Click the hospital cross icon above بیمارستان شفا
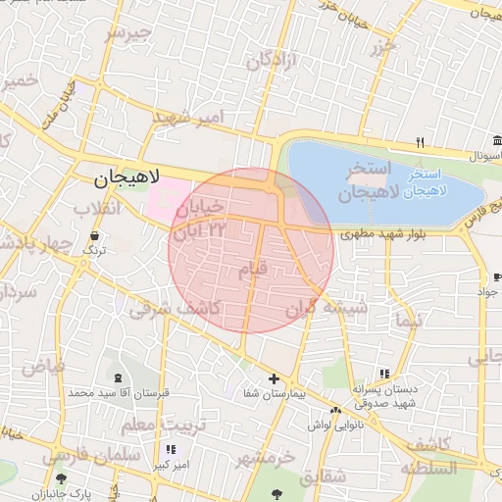pyautogui.click(x=274, y=378)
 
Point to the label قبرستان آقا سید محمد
pyautogui.click(x=119, y=392)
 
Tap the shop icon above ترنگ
pyautogui.click(x=94, y=236)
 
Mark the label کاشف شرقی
pyautogui.click(x=179, y=308)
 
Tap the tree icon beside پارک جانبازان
pyautogui.click(x=61, y=478)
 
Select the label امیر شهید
pyautogui.click(x=189, y=117)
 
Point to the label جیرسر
pyautogui.click(x=128, y=33)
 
